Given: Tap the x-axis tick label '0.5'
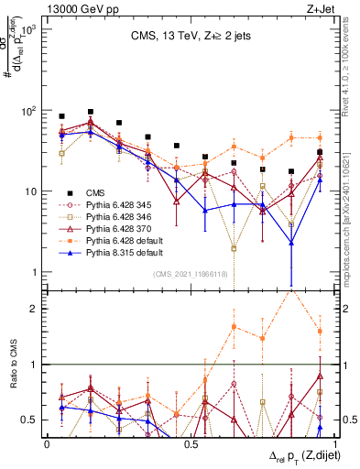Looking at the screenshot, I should pos(190,443).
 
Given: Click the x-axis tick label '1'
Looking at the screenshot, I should pos(332,443).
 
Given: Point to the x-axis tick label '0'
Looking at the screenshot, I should pos(47,443).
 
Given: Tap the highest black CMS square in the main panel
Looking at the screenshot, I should pos(90,112).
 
